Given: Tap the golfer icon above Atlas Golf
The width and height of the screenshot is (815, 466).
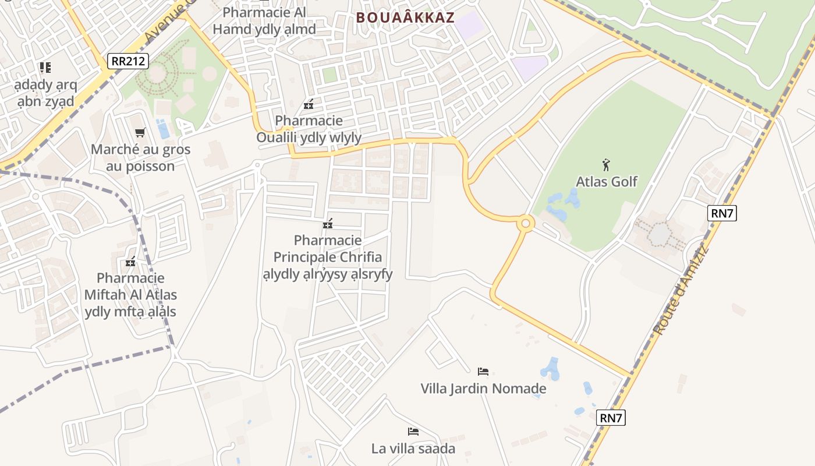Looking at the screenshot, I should pos(606,165).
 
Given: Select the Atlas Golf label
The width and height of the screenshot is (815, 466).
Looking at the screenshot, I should pos(607,182).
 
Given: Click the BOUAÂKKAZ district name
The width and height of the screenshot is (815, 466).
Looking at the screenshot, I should pos(405,17).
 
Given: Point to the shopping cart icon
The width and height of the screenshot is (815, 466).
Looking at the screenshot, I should pos(140,133).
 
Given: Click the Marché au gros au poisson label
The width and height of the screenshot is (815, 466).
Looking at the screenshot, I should pos(140,158).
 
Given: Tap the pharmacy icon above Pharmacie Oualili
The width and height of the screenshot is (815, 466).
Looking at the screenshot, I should pos(309,105).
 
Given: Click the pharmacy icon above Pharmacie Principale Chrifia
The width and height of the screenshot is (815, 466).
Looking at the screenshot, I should pos(328,224).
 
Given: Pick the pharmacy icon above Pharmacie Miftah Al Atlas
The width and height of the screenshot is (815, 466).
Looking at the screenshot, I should pos(130,262).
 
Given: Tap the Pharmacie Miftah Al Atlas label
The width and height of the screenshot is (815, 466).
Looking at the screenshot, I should pos(130,295).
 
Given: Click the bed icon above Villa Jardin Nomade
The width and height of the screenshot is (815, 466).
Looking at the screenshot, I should pos(483,372).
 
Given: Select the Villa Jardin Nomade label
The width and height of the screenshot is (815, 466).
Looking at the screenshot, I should pos(483,389).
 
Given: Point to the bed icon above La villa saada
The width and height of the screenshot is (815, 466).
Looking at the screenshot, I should pos(413,432).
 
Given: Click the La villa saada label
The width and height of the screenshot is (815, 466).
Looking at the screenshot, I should pos(413,449).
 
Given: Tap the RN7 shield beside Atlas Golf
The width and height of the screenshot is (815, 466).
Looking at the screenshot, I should pos(722,213).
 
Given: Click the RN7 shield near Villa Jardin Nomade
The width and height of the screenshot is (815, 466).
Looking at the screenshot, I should pos(611,418).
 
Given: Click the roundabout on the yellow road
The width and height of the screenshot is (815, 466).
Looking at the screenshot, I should pos(526,223).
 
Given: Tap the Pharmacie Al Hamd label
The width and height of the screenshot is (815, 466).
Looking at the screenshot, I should pos(264,20).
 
